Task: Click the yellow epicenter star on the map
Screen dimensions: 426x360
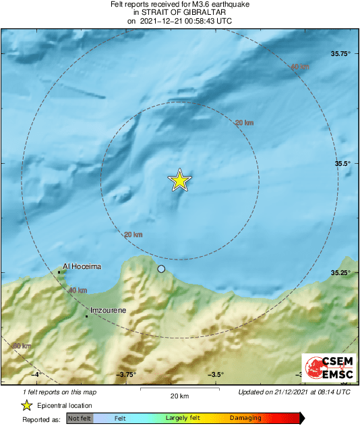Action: click(180, 180)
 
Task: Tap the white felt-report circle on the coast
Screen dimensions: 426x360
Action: click(161, 269)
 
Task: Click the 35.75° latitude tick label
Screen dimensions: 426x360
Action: click(338, 53)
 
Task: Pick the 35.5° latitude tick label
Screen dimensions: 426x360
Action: click(341, 163)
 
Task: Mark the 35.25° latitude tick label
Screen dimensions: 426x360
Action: click(338, 272)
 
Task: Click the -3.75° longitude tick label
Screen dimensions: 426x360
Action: click(127, 375)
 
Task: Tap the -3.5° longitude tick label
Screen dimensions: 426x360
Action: click(216, 375)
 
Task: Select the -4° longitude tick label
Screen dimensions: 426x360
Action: click(37, 375)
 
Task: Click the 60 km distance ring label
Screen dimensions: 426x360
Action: click(22, 346)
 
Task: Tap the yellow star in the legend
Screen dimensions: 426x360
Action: click(26, 405)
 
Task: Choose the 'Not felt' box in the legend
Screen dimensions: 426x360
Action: click(80, 419)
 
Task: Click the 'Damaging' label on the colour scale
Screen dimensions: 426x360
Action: click(246, 419)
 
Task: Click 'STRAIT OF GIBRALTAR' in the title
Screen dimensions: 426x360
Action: click(180, 12)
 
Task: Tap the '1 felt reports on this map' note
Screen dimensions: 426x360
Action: click(59, 392)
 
